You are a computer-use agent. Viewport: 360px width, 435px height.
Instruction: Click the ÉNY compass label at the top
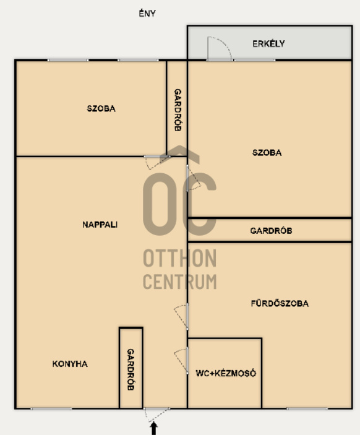147,14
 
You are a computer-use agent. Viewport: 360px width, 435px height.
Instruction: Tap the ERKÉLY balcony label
268,43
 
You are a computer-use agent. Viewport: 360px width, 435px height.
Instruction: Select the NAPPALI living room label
100,225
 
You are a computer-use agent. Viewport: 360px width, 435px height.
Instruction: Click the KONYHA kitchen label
70,364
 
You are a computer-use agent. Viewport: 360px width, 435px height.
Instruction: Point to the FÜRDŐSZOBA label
280,303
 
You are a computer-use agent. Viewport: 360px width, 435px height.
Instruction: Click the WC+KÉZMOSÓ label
226,373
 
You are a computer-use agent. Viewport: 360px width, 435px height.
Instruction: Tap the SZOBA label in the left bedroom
101,108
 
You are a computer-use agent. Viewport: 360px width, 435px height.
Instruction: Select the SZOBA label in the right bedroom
267,153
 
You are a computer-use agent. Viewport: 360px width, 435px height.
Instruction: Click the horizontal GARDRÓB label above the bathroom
271,231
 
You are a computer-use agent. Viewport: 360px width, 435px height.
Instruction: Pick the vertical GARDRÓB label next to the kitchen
131,369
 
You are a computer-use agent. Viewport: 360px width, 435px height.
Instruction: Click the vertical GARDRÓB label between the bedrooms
178,110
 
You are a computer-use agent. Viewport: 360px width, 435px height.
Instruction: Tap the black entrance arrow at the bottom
153,428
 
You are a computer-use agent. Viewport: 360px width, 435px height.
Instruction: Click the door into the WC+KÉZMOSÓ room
182,360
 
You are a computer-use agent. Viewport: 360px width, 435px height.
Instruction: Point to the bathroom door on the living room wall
182,316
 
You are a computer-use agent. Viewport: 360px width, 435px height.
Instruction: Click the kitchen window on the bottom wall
51,408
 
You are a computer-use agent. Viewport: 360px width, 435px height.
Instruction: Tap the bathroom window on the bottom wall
307,408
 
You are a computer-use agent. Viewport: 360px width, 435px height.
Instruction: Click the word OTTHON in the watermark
180,258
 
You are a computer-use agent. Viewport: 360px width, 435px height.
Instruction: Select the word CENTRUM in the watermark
180,282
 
